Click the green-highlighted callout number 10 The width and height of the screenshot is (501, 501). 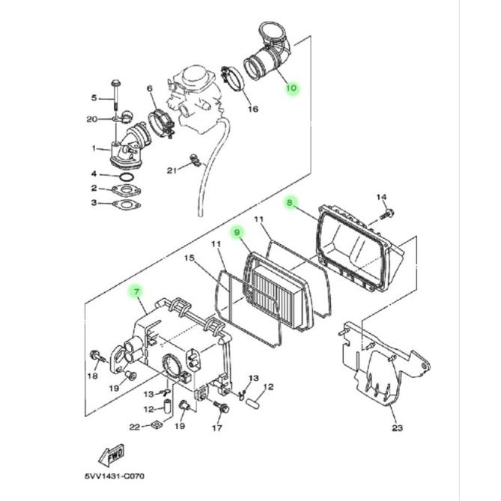pyautogui.click(x=291, y=87)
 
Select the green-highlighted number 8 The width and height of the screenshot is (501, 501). pyautogui.click(x=290, y=202)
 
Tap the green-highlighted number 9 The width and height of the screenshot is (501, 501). pyautogui.click(x=237, y=232)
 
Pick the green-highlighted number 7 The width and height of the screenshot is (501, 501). pyautogui.click(x=137, y=292)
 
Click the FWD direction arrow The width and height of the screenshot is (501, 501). pyautogui.click(x=111, y=455)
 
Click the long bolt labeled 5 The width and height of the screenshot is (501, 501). pyautogui.click(x=115, y=95)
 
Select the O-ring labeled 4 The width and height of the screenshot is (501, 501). pyautogui.click(x=127, y=177)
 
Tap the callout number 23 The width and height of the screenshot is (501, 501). pyautogui.click(x=397, y=428)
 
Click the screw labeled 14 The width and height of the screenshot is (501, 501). pyautogui.click(x=386, y=214)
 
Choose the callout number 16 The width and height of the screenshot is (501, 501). pyautogui.click(x=253, y=109)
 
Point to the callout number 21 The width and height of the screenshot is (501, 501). pyautogui.click(x=172, y=171)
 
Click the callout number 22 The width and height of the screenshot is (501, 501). pyautogui.click(x=135, y=427)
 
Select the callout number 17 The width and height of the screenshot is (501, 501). pyautogui.click(x=217, y=428)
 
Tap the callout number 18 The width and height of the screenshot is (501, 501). pyautogui.click(x=93, y=376)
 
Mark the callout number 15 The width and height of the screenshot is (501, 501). pyautogui.click(x=189, y=258)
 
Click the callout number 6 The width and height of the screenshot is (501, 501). pyautogui.click(x=150, y=88)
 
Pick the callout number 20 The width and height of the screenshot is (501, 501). pyautogui.click(x=92, y=119)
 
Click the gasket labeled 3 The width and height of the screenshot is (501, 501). pyautogui.click(x=127, y=204)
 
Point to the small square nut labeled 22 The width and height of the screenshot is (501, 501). pyautogui.click(x=157, y=425)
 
